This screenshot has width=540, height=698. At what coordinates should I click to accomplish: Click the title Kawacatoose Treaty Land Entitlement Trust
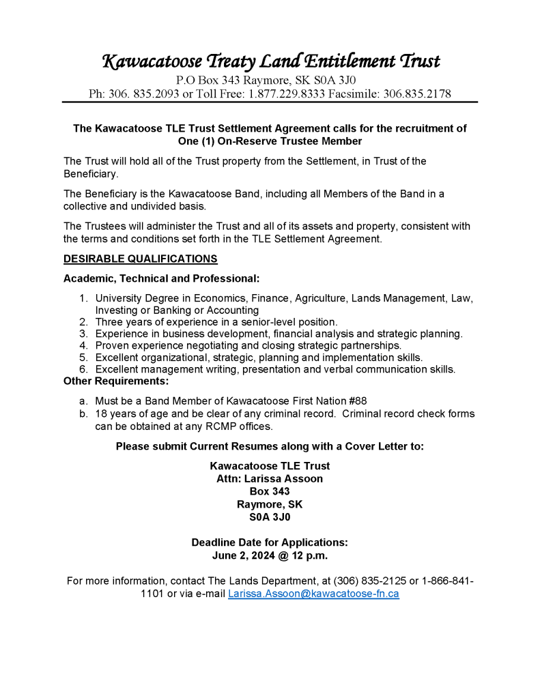[x=270, y=61]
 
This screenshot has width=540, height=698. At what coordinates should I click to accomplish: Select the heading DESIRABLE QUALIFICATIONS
[x=141, y=259]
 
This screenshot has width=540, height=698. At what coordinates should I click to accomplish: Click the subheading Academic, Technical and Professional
[x=161, y=278]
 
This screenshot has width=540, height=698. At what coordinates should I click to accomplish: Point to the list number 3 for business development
[x=83, y=334]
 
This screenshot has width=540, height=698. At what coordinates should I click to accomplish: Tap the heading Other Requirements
[x=116, y=381]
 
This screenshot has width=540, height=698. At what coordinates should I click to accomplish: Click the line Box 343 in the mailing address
[x=270, y=491]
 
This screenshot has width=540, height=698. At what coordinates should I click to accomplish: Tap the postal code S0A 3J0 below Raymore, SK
[x=270, y=517]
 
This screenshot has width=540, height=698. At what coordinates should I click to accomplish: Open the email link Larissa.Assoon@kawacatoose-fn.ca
[x=313, y=594]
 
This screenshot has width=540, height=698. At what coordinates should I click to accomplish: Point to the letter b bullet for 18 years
[x=83, y=413]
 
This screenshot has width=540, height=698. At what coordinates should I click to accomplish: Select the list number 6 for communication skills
[x=83, y=369]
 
